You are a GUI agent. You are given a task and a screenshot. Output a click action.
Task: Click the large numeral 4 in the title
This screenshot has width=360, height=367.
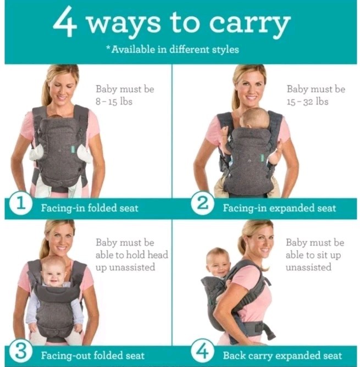[x=65, y=23]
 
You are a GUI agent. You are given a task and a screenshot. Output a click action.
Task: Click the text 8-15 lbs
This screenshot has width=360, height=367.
[x=114, y=102]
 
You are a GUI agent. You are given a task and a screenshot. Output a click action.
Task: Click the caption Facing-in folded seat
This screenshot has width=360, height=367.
[x=90, y=208]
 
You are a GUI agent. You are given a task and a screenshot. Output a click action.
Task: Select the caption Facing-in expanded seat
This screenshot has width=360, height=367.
[x=279, y=208]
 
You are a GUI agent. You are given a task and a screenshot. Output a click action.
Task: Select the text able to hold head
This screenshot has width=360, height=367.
[x=132, y=255]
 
